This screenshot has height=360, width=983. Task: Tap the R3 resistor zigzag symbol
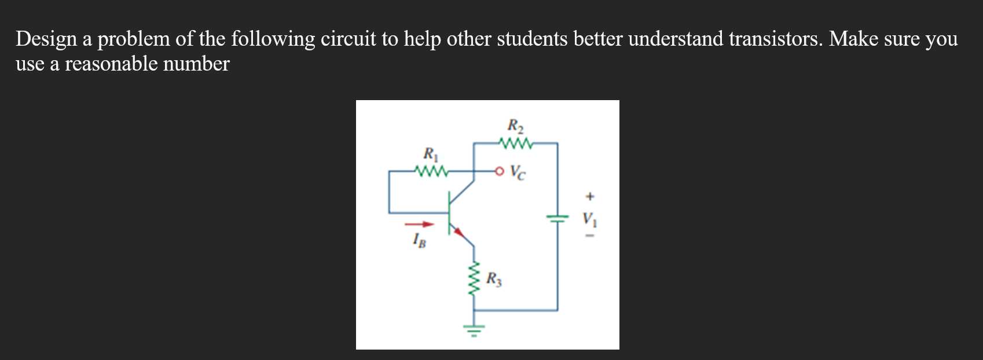pyautogui.click(x=475, y=279)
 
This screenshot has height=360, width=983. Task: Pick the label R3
pyautogui.click(x=494, y=280)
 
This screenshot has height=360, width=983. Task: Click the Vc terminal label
pyautogui.click(x=519, y=172)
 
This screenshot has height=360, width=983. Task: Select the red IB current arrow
pyautogui.click(x=419, y=225)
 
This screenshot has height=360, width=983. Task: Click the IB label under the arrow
pyautogui.click(x=419, y=240)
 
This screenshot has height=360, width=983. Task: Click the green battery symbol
pyautogui.click(x=557, y=219)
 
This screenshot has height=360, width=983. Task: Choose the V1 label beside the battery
pyautogui.click(x=589, y=219)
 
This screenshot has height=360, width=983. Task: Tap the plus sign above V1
pyautogui.click(x=589, y=197)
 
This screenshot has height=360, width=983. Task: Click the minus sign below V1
pyautogui.click(x=589, y=236)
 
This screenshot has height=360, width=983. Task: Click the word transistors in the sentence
pyautogui.click(x=775, y=39)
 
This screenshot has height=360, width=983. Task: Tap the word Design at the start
pyautogui.click(x=46, y=39)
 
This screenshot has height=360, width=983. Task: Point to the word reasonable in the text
pyautogui.click(x=111, y=64)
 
